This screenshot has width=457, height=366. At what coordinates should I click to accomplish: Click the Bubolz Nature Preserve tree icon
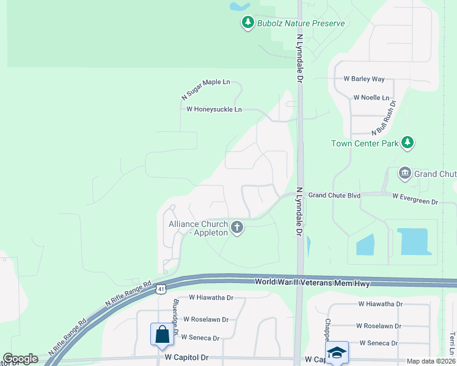click(247, 23)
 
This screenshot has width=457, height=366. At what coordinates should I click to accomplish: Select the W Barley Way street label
click(364, 79)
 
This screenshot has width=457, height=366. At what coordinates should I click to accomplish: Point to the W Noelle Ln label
click(371, 98)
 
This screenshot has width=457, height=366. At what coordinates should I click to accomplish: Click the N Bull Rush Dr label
click(384, 118)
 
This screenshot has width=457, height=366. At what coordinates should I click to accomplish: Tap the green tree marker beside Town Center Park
click(408, 143)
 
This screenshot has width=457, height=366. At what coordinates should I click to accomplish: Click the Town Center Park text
click(364, 144)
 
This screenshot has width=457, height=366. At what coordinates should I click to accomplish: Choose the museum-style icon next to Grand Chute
click(404, 174)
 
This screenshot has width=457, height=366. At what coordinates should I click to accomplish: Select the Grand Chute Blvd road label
click(334, 195)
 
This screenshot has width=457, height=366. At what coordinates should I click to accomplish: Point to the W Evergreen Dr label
click(415, 198)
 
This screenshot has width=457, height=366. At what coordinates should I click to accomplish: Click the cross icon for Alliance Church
click(237, 228)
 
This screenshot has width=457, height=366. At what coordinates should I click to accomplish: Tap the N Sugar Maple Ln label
click(205, 89)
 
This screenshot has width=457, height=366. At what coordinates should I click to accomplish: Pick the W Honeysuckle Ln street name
click(214, 110)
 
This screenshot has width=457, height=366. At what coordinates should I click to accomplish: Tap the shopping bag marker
click(162, 334)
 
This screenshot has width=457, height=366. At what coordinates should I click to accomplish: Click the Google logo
click(20, 359)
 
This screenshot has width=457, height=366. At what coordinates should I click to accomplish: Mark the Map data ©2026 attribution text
click(430, 361)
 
